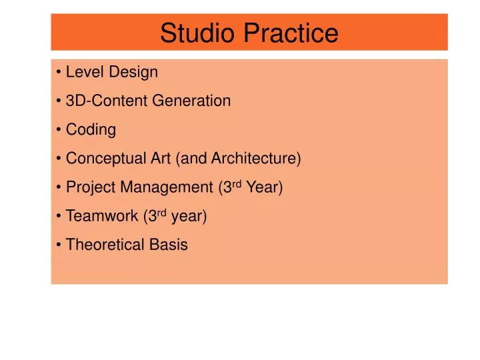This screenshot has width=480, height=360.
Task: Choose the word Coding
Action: click(x=91, y=130)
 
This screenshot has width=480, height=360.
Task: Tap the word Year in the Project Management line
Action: click(x=263, y=188)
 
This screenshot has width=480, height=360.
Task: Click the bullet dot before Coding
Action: click(x=60, y=131)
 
